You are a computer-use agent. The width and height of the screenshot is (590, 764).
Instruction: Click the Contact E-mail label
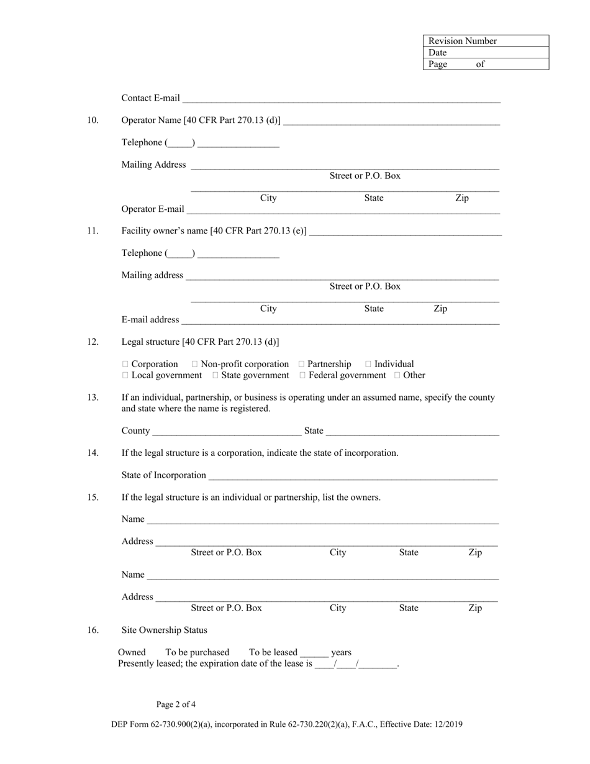pyautogui.click(x=150, y=98)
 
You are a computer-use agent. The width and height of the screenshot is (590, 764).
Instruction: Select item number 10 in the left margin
pyautogui.click(x=93, y=121)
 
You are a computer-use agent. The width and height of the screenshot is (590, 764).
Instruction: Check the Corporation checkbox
pyautogui.click(x=125, y=364)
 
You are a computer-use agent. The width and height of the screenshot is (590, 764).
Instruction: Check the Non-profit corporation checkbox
pyautogui.click(x=195, y=364)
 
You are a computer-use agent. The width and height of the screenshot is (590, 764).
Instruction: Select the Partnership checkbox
pyautogui.click(x=302, y=364)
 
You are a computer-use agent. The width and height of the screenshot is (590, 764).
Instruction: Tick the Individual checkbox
pyautogui.click(x=369, y=364)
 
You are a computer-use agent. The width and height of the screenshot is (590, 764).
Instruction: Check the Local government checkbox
pyautogui.click(x=125, y=375)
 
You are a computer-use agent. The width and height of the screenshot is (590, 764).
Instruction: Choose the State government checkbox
pyautogui.click(x=216, y=375)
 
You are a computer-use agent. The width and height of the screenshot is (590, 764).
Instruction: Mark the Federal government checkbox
pyautogui.click(x=302, y=375)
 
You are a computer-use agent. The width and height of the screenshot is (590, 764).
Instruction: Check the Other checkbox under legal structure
pyautogui.click(x=397, y=375)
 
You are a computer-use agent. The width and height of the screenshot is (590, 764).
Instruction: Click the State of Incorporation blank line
pyautogui.click(x=353, y=476)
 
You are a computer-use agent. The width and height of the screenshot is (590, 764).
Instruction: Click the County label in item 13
pyautogui.click(x=135, y=431)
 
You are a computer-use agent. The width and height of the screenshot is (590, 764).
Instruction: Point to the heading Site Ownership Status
pyautogui.click(x=164, y=630)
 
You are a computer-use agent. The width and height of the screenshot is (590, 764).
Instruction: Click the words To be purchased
pyautogui.click(x=197, y=652)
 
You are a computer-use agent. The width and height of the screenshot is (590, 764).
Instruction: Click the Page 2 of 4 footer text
pyautogui.click(x=176, y=704)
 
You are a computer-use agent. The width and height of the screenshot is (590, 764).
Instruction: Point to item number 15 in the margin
pyautogui.click(x=93, y=498)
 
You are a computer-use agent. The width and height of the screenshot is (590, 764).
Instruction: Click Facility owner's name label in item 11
pyautogui.click(x=214, y=231)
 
